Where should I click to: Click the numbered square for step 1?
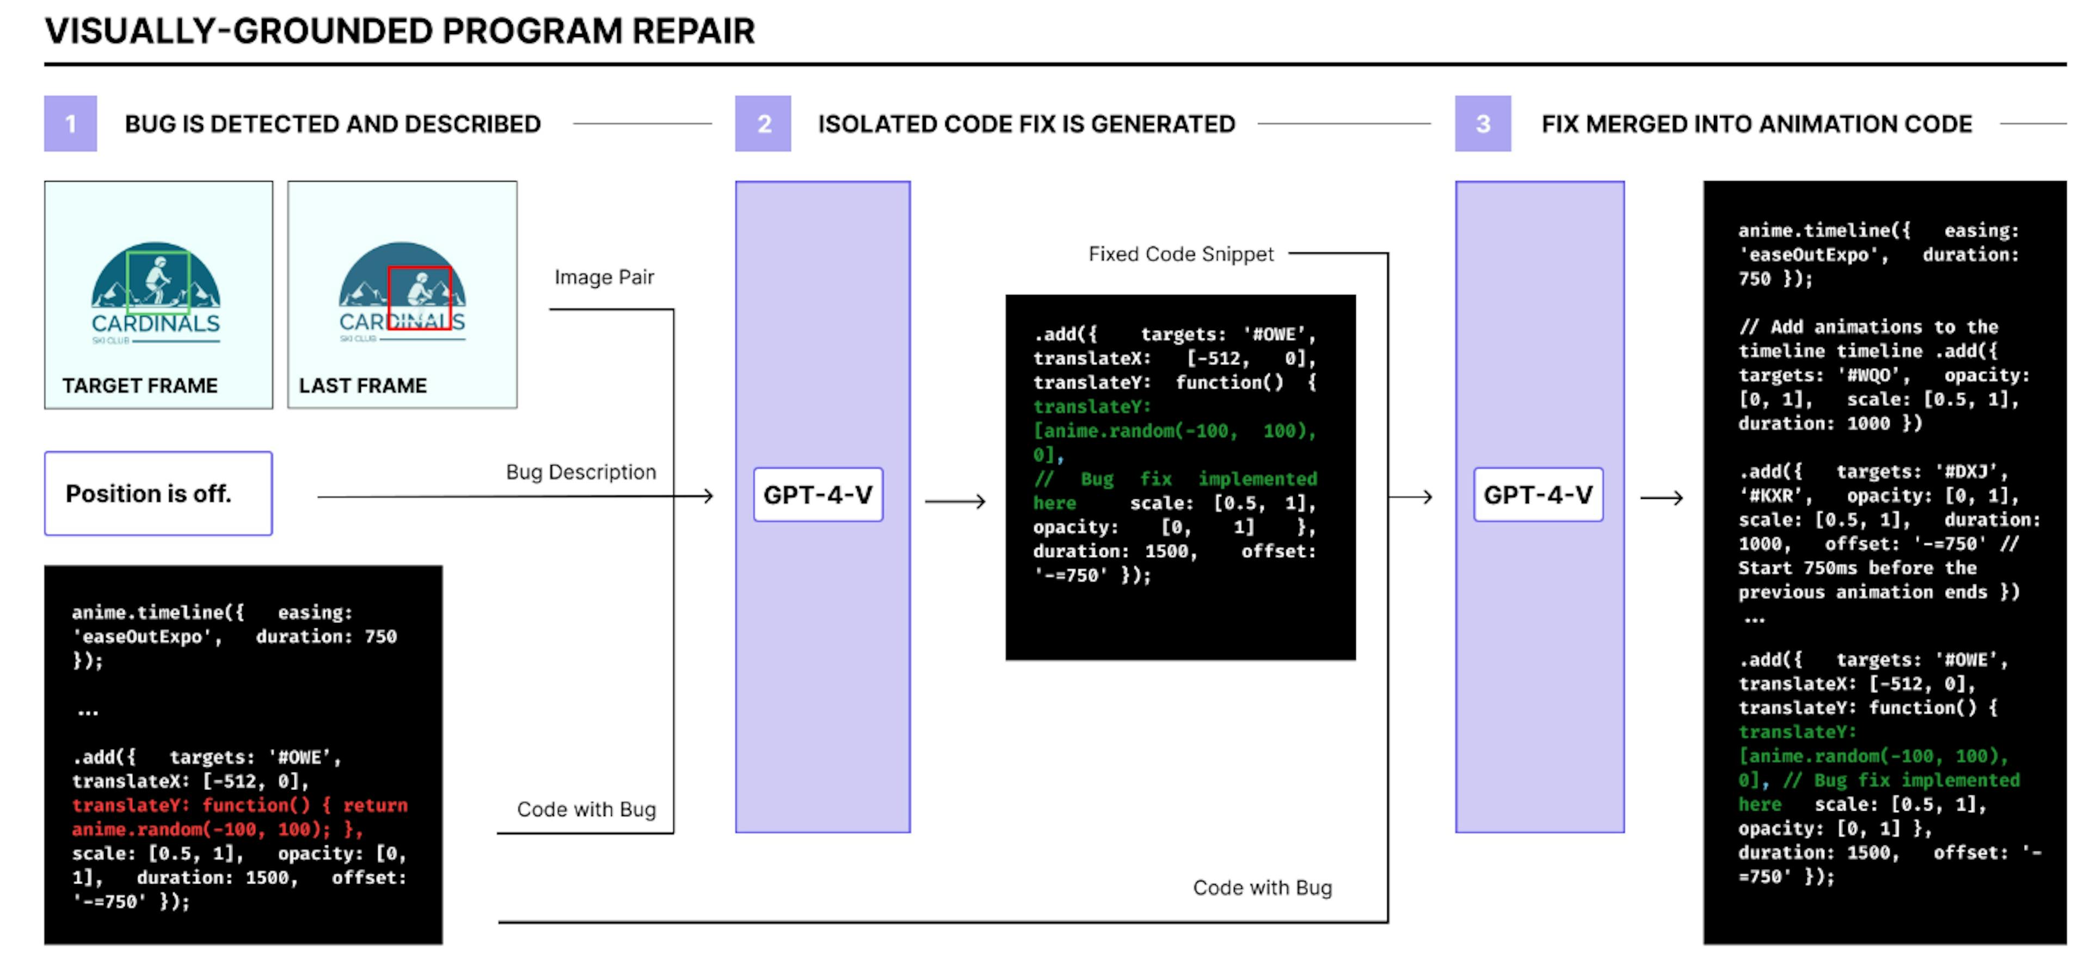[71, 123]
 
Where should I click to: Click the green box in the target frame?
[158, 281]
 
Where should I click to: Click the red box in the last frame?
[420, 298]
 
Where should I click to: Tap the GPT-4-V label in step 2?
[818, 495]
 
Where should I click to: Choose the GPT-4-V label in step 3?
[1538, 495]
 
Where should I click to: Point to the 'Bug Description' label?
[581, 472]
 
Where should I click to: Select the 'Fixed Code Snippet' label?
[1181, 254]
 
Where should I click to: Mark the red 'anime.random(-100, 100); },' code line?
[218, 829]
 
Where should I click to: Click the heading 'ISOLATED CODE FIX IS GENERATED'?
[1026, 124]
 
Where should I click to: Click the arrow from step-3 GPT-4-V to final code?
[1661, 497]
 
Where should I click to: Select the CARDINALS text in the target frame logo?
[156, 324]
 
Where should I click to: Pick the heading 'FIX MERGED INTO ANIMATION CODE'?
[1756, 124]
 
